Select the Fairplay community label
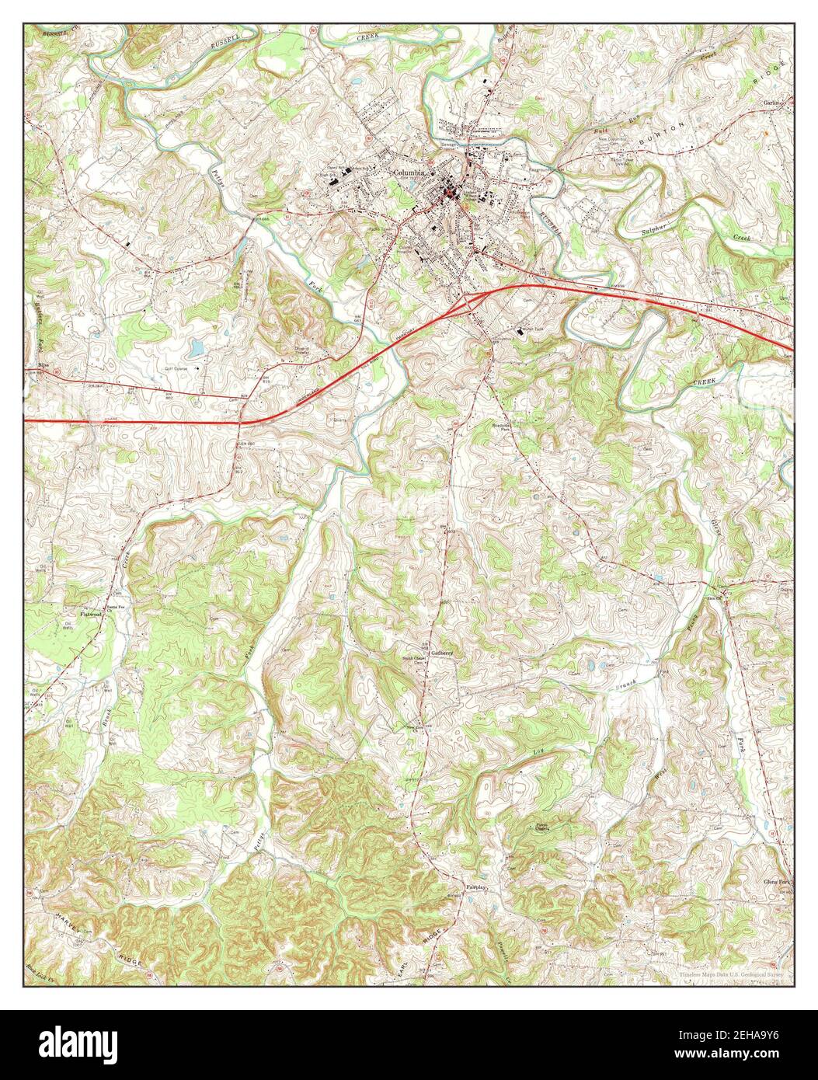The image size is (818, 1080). pyautogui.click(x=475, y=886)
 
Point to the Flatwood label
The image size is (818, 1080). pyautogui.click(x=91, y=614)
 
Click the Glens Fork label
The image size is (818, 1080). pyautogui.click(x=778, y=882)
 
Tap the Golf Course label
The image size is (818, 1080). pyautogui.click(x=176, y=368)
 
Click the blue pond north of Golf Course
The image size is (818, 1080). pyautogui.click(x=197, y=346)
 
